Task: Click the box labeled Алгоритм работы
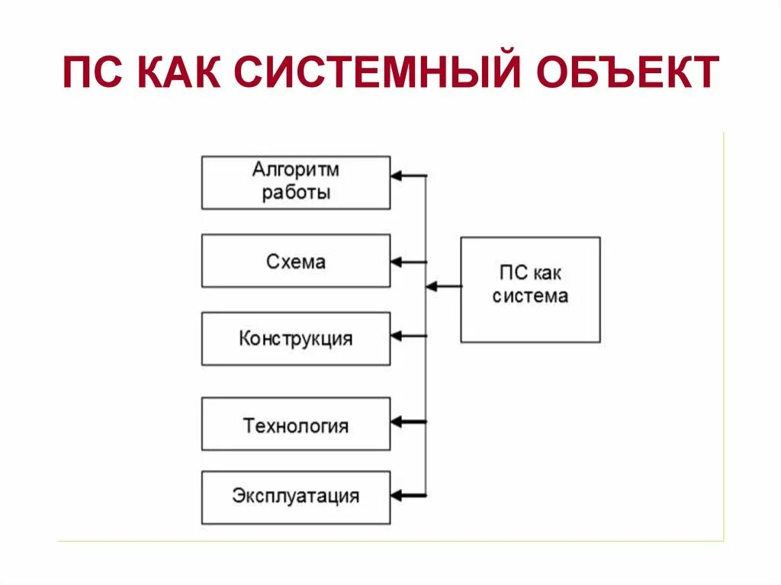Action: pos(296,182)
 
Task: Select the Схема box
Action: pos(296,261)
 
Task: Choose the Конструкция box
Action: pos(296,338)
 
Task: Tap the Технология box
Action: pos(296,423)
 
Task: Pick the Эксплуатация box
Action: pos(296,497)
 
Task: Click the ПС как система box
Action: pos(530,289)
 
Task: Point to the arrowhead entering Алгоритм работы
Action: pos(397,176)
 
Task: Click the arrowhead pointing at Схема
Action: pos(397,262)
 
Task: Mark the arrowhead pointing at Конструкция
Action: pos(397,336)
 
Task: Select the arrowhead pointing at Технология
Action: pos(397,421)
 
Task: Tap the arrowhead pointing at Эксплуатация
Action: pos(397,496)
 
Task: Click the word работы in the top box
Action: pos(296,192)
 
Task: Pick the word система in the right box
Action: pos(530,297)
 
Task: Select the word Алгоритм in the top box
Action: pos(296,169)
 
